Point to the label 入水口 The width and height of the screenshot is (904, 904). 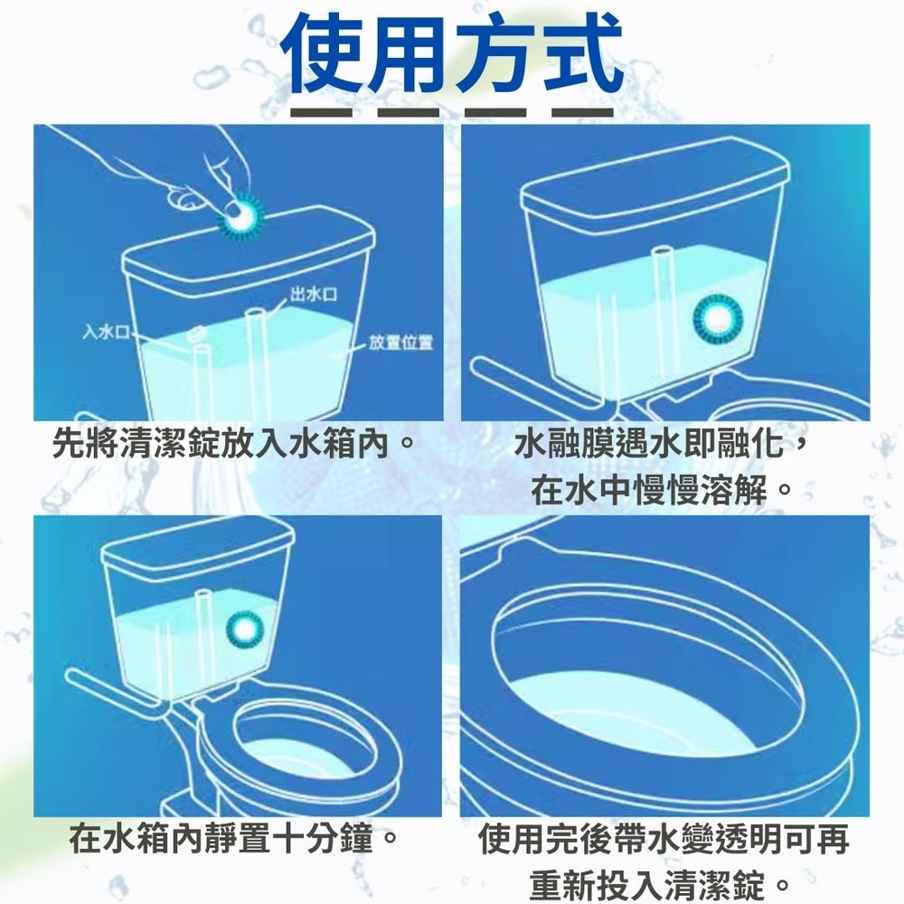(x=106, y=332)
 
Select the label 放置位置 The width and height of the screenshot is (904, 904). (x=400, y=343)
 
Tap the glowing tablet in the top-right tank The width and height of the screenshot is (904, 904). (x=718, y=317)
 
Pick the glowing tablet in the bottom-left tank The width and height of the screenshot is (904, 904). (x=243, y=629)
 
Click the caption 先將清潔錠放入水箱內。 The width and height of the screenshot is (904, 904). (x=235, y=444)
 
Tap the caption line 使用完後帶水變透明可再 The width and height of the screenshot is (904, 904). (x=664, y=839)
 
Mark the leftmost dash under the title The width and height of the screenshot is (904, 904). (x=321, y=112)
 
